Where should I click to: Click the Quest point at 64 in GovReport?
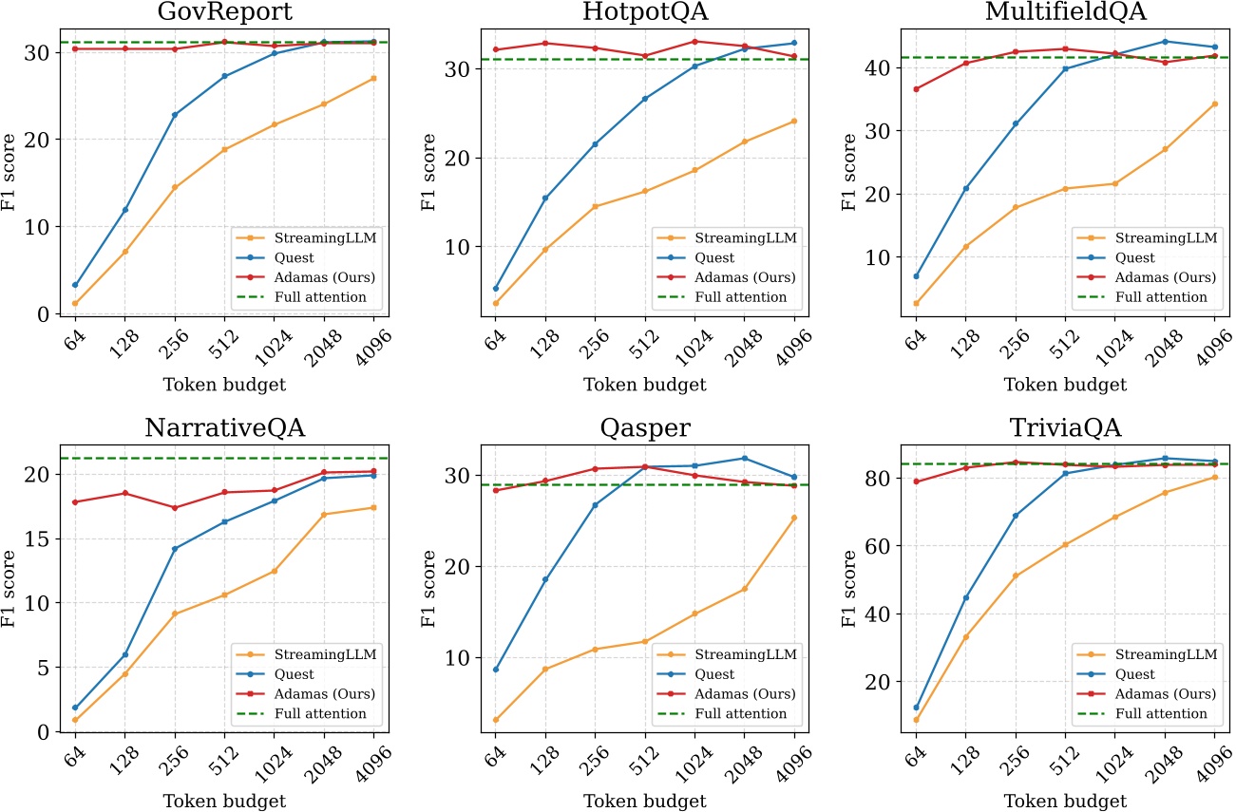(74, 285)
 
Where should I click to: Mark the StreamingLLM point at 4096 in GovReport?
(373, 78)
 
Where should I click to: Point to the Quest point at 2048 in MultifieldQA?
(1165, 42)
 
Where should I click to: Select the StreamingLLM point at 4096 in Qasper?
(793, 518)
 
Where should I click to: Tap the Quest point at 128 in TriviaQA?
(965, 597)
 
